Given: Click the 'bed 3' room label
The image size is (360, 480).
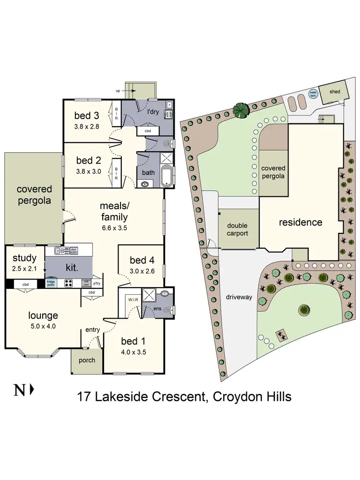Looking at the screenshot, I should (x=87, y=116).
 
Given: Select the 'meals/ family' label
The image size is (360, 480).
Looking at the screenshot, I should (x=114, y=211).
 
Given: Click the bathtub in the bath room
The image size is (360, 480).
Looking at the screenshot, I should (x=166, y=177).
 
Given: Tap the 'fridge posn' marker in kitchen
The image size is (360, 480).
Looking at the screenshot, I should (x=50, y=283).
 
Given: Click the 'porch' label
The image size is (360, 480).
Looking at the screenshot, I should (x=86, y=360).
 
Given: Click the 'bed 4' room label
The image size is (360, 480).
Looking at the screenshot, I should (x=142, y=261).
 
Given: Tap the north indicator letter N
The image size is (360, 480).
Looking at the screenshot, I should (x=19, y=390).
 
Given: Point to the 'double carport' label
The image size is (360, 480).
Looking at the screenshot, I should (x=238, y=229).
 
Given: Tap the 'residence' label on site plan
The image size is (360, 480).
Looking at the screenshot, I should (x=300, y=222).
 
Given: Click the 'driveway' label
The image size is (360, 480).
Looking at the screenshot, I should (x=239, y=297).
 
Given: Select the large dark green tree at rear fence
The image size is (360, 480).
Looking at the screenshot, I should (x=241, y=110).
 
